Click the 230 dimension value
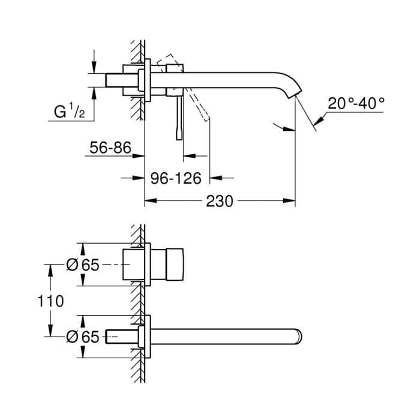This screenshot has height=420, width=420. click(219, 201)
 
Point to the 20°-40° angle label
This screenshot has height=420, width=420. click(356, 103)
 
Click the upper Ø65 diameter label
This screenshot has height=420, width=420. click(82, 265)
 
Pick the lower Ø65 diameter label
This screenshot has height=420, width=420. click(82, 337)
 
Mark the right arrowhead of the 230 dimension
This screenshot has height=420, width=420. click(292, 202)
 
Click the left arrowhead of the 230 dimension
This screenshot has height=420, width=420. click(148, 202)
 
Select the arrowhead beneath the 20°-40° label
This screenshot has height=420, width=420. click(319, 121)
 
